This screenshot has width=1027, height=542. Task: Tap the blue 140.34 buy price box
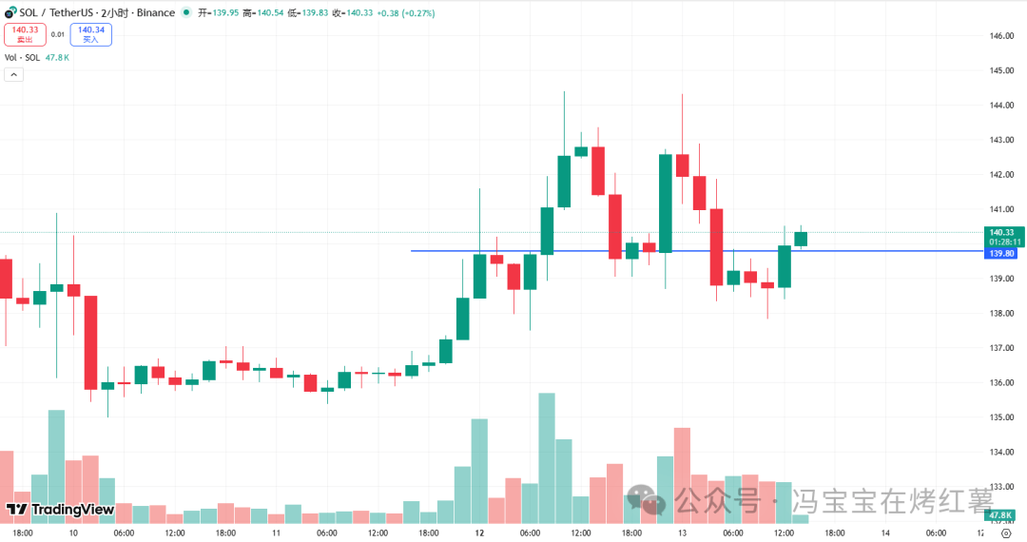click(x=91, y=34)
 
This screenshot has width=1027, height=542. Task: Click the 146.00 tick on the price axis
click(x=1001, y=36)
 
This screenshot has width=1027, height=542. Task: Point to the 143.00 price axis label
click(x=1001, y=140)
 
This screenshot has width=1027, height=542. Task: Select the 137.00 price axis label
click(x=1001, y=348)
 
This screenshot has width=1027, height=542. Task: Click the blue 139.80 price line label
click(x=1001, y=254)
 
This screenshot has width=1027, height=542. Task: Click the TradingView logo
click(x=61, y=510)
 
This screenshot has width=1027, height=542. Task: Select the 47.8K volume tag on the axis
click(x=1001, y=515)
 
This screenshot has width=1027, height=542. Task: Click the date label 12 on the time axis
click(x=480, y=533)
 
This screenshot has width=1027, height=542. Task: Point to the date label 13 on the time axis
click(x=682, y=533)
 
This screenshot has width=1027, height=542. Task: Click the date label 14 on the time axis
click(x=885, y=533)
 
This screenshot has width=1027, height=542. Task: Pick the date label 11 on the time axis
click(x=277, y=533)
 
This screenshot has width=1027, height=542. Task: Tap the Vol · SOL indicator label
click(x=23, y=57)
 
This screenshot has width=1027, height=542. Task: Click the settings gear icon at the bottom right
click(x=1005, y=533)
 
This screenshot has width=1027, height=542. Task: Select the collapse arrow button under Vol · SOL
click(x=14, y=74)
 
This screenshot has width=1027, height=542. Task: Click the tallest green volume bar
click(x=547, y=456)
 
